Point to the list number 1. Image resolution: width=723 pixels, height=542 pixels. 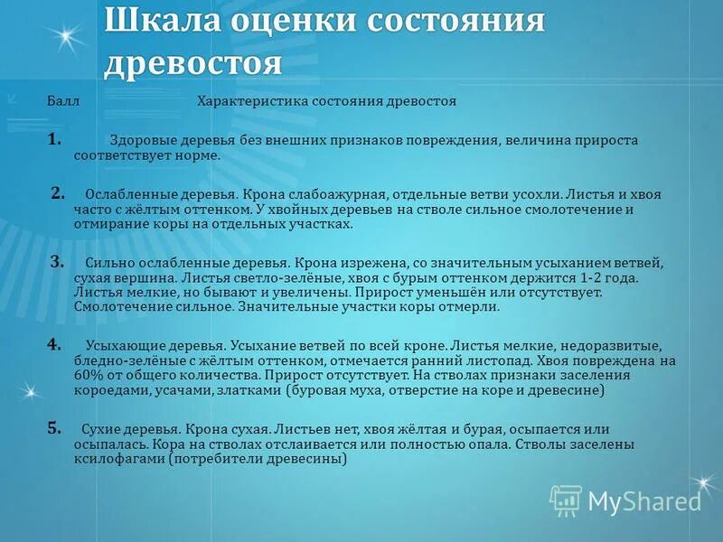click(55, 139)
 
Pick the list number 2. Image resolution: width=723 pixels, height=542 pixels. click(58, 192)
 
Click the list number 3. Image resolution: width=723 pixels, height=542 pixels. click(57, 262)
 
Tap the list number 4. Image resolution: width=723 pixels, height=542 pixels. click(54, 344)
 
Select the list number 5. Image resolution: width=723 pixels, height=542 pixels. click(54, 428)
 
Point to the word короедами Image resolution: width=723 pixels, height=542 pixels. click(106, 390)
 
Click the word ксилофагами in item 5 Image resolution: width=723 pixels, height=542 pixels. click(116, 459)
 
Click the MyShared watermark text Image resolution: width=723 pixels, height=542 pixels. click(644, 500)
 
